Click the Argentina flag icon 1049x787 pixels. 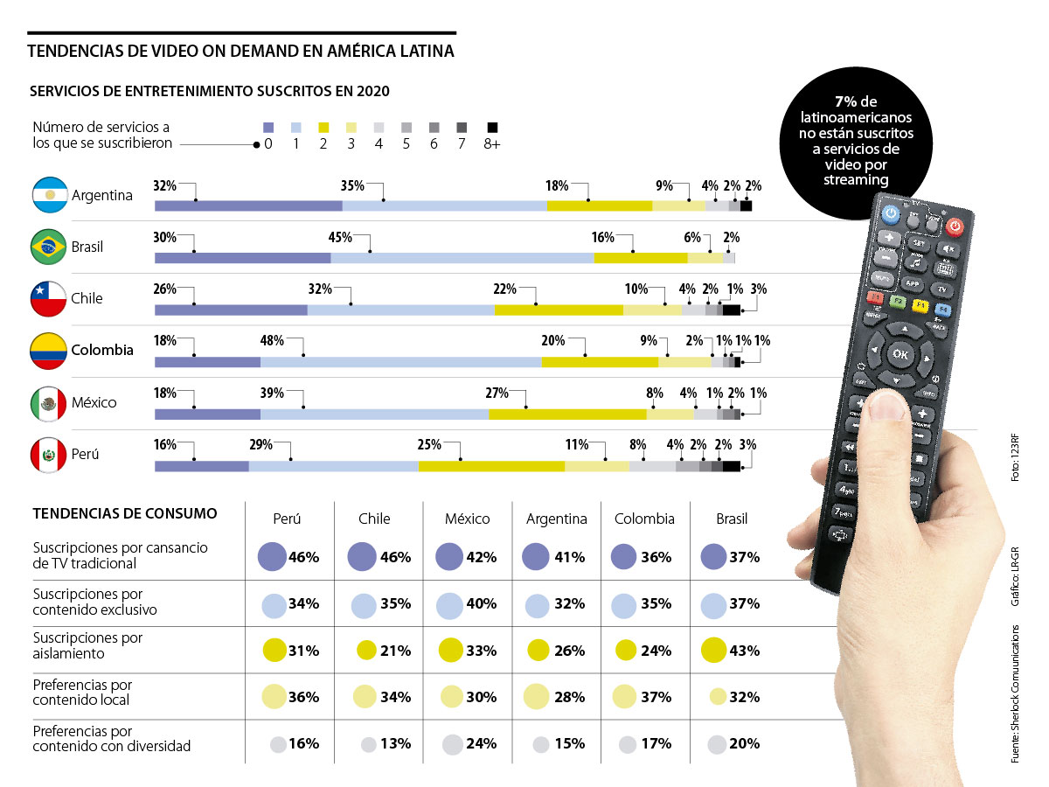point(50,195)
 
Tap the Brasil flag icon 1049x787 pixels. point(50,247)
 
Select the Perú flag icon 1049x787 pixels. point(50,455)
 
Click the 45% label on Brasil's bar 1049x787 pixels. point(340,237)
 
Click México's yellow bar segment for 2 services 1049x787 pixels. point(567,414)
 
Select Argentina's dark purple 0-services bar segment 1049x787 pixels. point(248,205)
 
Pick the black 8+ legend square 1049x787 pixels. point(492,127)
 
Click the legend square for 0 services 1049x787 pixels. point(268,127)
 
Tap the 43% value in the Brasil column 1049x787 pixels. point(743,651)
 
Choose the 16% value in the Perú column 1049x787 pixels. point(302,744)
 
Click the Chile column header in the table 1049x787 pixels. point(374,519)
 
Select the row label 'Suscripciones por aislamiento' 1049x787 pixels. point(87,645)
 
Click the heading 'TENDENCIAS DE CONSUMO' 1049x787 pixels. point(125,513)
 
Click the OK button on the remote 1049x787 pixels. point(900,353)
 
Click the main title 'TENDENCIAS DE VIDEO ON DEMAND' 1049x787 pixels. point(240,51)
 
